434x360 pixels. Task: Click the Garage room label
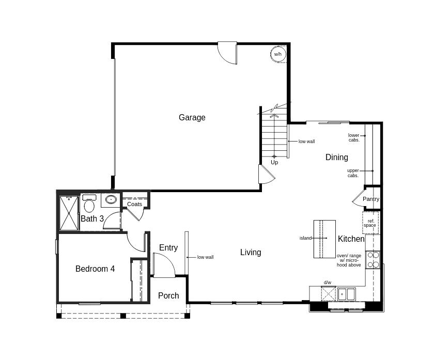(x=192, y=118)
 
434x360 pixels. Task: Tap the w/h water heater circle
(x=278, y=54)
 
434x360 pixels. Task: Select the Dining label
(x=336, y=157)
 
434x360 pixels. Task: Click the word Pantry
(x=371, y=199)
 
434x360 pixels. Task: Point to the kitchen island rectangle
(x=324, y=239)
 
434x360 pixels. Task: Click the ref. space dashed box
(x=370, y=223)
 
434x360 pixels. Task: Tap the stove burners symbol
(x=373, y=260)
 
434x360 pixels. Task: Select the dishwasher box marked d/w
(x=328, y=293)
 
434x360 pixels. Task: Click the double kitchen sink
(x=346, y=294)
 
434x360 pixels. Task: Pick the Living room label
(x=251, y=253)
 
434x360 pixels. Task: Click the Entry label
(x=168, y=247)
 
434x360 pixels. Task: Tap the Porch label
(x=168, y=295)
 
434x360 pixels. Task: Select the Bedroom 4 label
(x=95, y=269)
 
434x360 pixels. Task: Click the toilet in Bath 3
(x=89, y=203)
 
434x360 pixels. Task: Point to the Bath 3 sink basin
(x=111, y=199)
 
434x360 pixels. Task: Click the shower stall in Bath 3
(x=69, y=213)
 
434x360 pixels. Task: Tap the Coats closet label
(x=134, y=204)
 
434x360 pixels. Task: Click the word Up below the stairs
(x=274, y=162)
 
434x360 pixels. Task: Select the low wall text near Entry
(x=206, y=257)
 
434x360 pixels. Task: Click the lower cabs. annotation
(x=354, y=137)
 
